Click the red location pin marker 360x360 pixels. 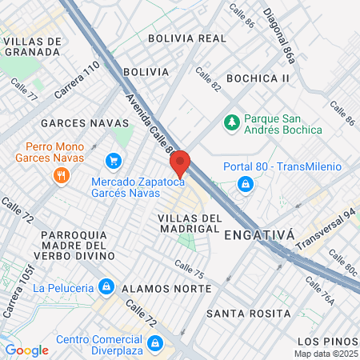[x=180, y=163]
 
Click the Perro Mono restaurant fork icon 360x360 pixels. [x=61, y=176]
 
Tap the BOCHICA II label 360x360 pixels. [x=258, y=78]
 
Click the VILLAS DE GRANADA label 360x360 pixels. [x=32, y=46]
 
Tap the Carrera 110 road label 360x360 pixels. [x=77, y=81]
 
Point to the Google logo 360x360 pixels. [x=26, y=350]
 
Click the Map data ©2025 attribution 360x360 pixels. [x=326, y=354]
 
